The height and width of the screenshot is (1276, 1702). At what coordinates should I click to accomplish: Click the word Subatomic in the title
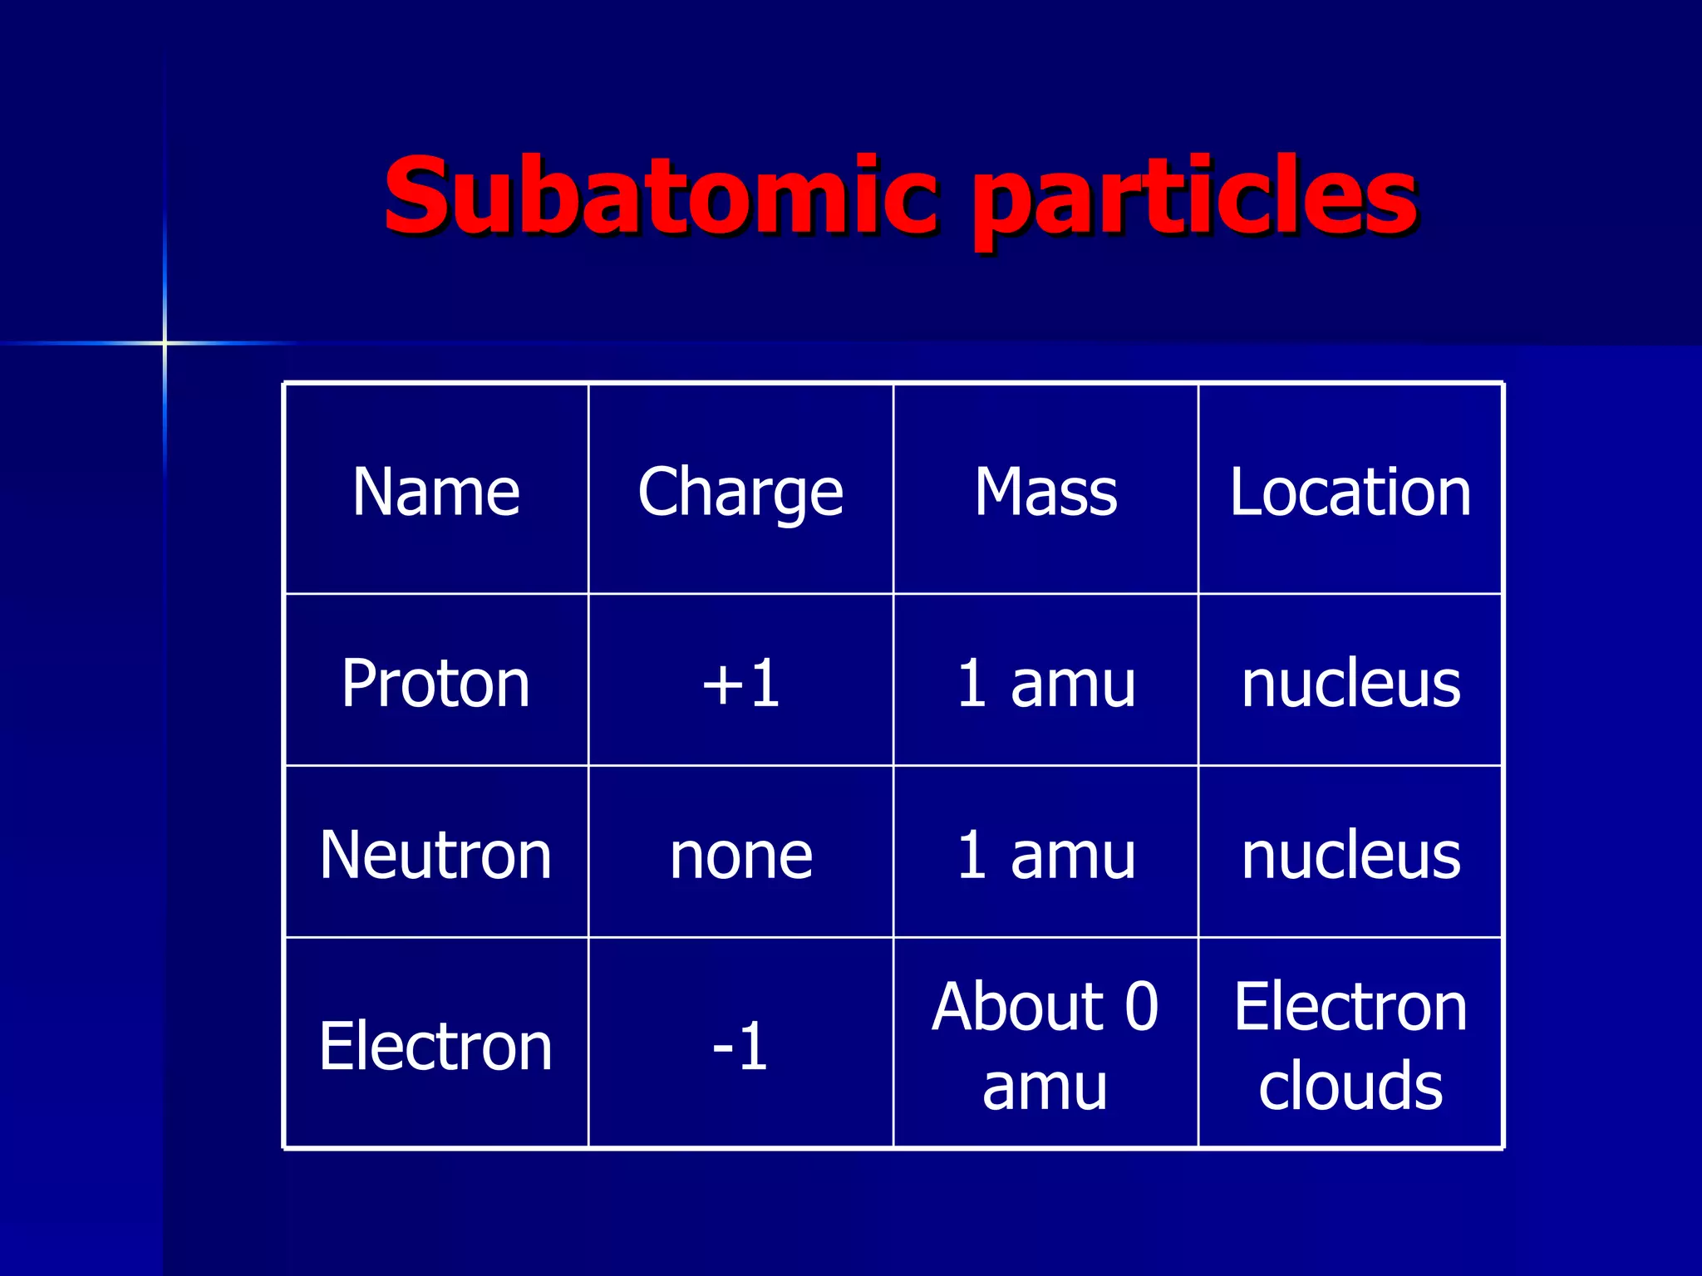point(661,198)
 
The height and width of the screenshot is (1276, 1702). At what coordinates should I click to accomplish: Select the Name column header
point(435,492)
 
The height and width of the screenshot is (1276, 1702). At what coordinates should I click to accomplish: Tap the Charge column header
point(740,492)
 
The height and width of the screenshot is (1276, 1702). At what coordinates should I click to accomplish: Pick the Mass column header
point(1045,492)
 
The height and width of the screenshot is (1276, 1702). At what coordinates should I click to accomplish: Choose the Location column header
point(1350,492)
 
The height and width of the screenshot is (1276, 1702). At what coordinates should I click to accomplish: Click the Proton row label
point(435,683)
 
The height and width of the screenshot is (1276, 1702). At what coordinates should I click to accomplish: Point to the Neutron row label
point(435,855)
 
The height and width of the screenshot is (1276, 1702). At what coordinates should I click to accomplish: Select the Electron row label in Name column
point(435,1046)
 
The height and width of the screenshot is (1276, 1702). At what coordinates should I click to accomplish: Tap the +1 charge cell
point(740,683)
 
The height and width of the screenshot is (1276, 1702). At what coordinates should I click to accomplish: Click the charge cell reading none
point(740,855)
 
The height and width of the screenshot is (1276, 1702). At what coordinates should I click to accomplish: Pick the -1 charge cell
point(740,1046)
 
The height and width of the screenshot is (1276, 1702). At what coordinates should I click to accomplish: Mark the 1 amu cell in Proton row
point(1045,683)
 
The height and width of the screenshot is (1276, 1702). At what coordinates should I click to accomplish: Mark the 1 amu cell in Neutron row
point(1045,855)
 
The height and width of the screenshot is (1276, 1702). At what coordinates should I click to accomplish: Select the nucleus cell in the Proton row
point(1350,683)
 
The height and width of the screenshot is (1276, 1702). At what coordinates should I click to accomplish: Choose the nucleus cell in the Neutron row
point(1350,855)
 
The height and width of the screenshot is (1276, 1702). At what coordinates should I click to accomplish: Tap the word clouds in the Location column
point(1350,1085)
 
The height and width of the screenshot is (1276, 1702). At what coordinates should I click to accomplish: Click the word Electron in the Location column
point(1350,1006)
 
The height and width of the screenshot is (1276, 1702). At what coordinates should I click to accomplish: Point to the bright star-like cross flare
point(165,342)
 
